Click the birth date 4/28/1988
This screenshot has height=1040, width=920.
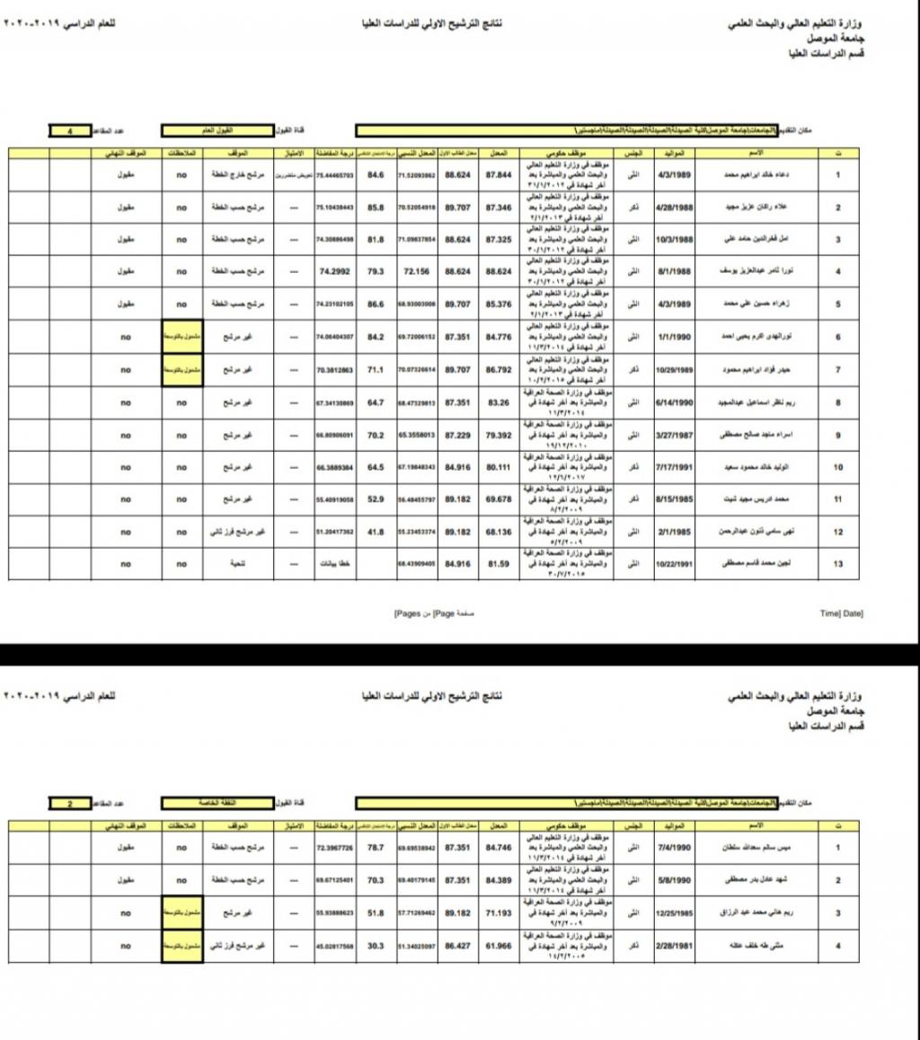tap(673, 207)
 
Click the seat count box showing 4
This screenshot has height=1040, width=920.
tap(69, 131)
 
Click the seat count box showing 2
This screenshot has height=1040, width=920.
tap(69, 802)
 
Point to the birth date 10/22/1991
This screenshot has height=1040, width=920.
tap(673, 564)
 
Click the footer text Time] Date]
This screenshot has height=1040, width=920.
tap(841, 613)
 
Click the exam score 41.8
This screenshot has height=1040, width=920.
tap(376, 532)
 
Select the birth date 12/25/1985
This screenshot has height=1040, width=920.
tap(673, 912)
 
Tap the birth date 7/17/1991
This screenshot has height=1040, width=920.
tap(673, 467)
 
